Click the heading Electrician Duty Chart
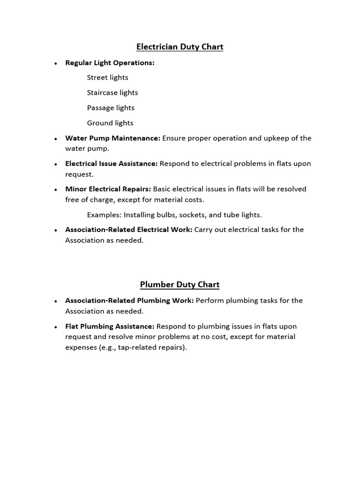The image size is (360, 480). click(180, 47)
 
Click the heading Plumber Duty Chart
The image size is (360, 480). click(180, 285)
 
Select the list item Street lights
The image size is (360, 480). click(107, 77)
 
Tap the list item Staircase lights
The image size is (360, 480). click(112, 93)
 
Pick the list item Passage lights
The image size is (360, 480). click(111, 108)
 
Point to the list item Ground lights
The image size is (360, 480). click(110, 123)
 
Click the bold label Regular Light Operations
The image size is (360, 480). click(110, 62)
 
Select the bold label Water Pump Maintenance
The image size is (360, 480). click(112, 138)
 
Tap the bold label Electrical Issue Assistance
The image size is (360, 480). click(112, 164)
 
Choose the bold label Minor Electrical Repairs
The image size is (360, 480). click(108, 189)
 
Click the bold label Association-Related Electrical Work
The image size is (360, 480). click(129, 230)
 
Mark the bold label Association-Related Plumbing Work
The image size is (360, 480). click(129, 300)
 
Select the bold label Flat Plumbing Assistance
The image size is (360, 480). click(110, 326)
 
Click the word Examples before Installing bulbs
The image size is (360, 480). click(104, 215)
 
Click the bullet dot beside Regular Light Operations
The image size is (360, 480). click(56, 63)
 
